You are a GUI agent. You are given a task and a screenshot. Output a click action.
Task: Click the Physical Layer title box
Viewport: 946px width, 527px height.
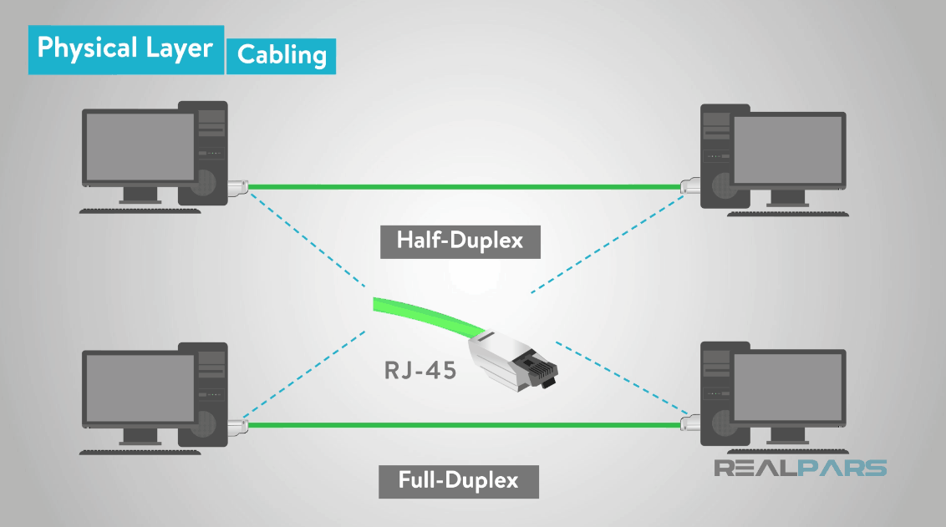[x=125, y=49]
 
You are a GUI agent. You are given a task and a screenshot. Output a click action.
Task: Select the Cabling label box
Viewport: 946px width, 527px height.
[x=281, y=55]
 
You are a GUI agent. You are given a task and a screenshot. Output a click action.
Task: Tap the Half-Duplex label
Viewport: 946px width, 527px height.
[x=460, y=241]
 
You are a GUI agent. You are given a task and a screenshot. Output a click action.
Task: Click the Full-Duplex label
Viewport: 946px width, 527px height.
[x=458, y=481]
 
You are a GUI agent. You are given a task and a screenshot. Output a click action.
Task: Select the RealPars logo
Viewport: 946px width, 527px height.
[x=800, y=468]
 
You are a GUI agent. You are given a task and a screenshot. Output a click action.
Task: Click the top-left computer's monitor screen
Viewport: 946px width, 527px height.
[x=140, y=147]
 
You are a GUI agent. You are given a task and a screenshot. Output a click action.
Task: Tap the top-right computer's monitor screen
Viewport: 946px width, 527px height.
[x=787, y=151]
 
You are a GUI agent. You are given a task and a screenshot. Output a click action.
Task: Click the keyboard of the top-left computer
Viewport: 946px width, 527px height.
[x=140, y=210]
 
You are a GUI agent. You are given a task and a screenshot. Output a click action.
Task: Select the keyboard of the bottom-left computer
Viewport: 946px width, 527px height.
[x=140, y=451]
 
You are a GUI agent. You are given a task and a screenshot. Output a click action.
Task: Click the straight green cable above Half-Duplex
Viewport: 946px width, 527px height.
[x=464, y=186]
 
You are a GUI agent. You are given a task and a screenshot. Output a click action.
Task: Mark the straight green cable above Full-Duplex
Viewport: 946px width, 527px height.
[x=464, y=425]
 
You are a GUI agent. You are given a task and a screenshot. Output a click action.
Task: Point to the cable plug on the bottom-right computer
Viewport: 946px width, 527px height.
[x=690, y=425]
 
